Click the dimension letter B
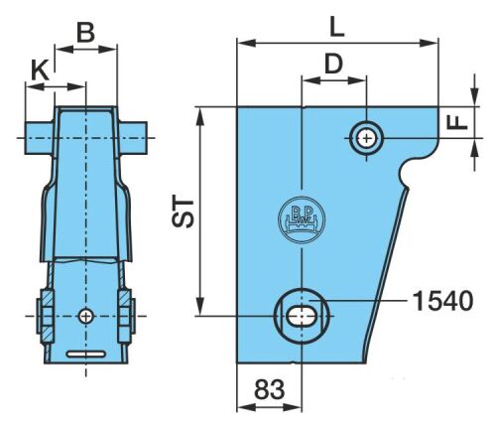coord(86,33)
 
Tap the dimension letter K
coord(40,71)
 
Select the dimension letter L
coord(337,27)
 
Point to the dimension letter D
coord(333,64)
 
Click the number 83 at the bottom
coord(269,389)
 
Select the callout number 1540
coord(443,301)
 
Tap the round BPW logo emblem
coord(302,220)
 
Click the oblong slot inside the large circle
coord(302,316)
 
